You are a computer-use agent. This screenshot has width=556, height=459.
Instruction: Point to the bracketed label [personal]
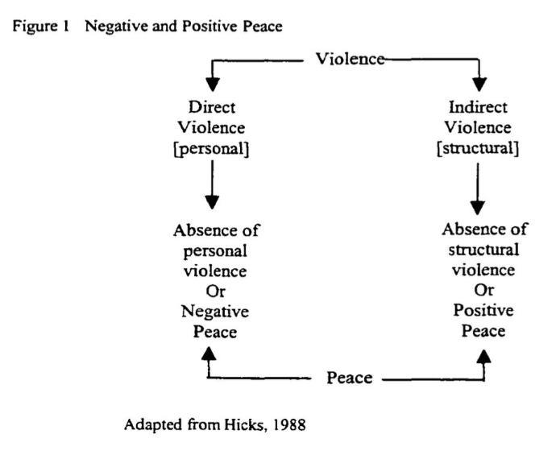(x=211, y=147)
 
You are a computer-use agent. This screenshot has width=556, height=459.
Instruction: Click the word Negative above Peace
(x=215, y=312)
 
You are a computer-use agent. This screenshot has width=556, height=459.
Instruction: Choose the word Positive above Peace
(x=483, y=312)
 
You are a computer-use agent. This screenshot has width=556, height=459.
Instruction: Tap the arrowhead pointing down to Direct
(x=212, y=83)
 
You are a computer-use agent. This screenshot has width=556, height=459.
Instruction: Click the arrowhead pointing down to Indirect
(x=481, y=83)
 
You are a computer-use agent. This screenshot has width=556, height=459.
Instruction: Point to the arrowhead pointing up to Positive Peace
(x=484, y=355)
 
